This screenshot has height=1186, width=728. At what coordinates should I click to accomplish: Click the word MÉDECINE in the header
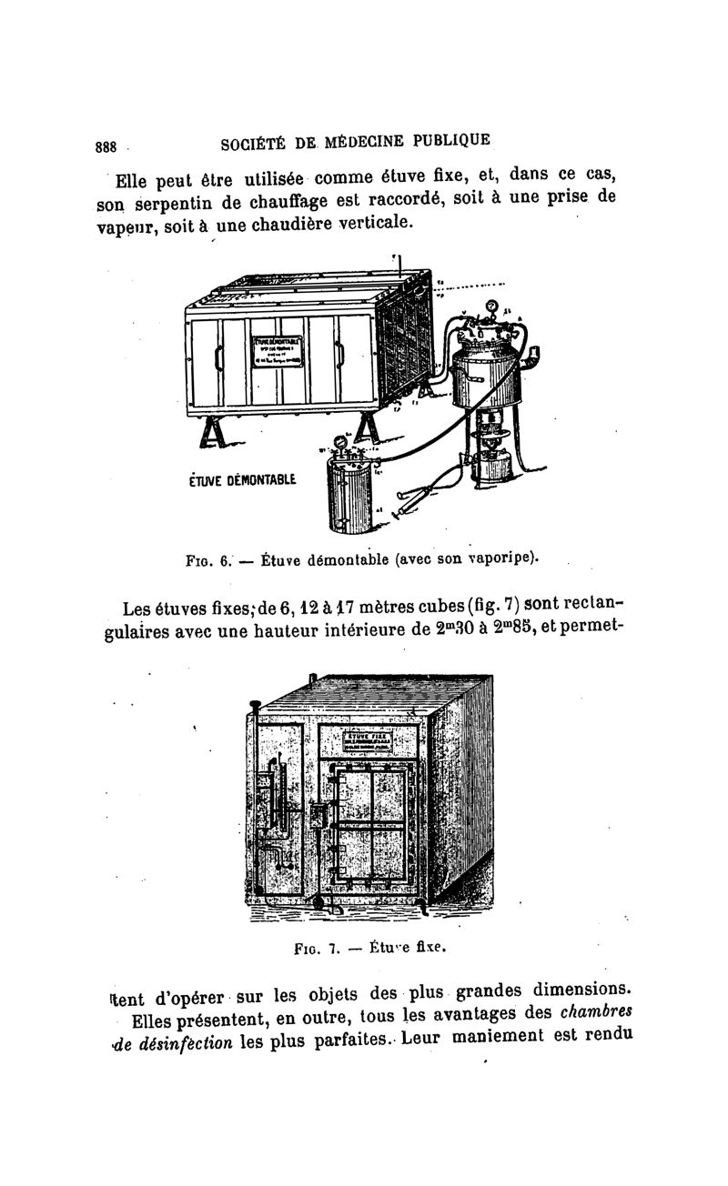(x=360, y=143)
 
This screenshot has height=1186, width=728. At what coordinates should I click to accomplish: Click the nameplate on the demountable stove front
(x=279, y=350)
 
